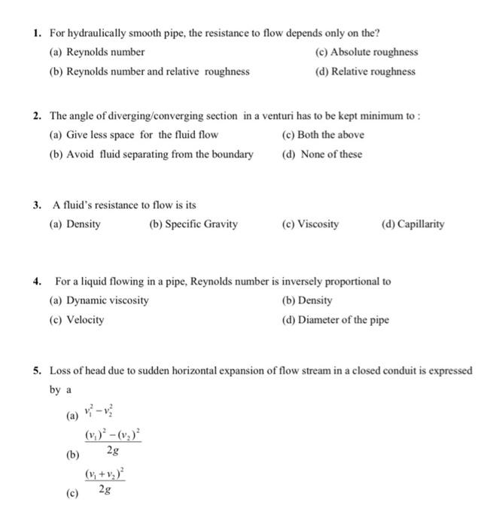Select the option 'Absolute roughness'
point(373,52)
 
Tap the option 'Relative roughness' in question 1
point(373,72)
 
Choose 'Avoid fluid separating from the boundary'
point(159,154)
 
